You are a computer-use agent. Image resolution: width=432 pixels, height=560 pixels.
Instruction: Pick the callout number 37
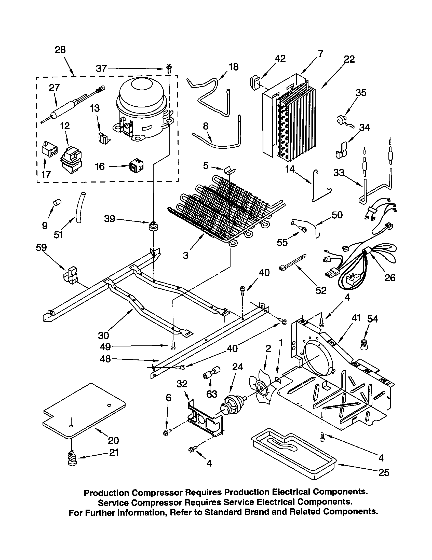click(x=101, y=68)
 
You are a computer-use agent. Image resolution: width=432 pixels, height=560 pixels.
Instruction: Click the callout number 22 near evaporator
click(x=349, y=59)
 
